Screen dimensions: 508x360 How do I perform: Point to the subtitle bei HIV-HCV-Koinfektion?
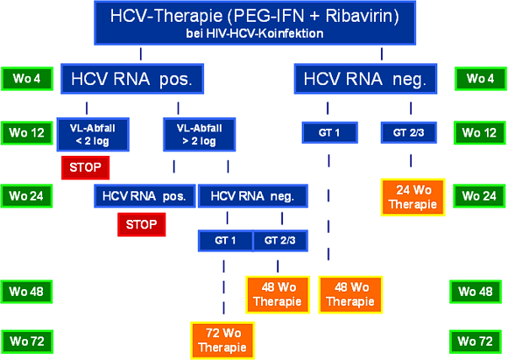pos(255,33)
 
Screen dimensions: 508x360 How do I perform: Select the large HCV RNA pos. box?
pos(132,79)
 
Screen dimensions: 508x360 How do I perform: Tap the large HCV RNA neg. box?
pos(365,79)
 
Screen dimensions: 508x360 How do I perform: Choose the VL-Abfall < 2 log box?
pos(93,135)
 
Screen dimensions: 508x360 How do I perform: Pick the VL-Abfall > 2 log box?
pos(199,135)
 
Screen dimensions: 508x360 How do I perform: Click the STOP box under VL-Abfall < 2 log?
pos(86,167)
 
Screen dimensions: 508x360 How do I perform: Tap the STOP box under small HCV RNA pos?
pos(142,224)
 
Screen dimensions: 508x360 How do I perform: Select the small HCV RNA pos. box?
pos(145,196)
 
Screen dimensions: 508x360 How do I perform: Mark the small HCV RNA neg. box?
pos(253,196)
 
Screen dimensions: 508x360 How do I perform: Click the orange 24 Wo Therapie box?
pos(413,197)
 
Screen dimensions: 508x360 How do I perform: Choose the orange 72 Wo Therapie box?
pos(222,340)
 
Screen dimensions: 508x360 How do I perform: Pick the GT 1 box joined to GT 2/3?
pos(225,241)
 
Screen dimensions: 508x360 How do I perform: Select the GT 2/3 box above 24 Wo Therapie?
pos(408,132)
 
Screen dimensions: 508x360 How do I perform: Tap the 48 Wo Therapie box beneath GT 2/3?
pos(278,294)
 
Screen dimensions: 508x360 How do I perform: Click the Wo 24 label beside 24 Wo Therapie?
pos(479,196)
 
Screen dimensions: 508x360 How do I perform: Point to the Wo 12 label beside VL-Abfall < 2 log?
pos(27,133)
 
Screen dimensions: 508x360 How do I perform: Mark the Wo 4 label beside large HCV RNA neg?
pos(481,79)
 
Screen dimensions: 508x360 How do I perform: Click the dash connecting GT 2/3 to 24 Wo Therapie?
pos(411,160)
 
